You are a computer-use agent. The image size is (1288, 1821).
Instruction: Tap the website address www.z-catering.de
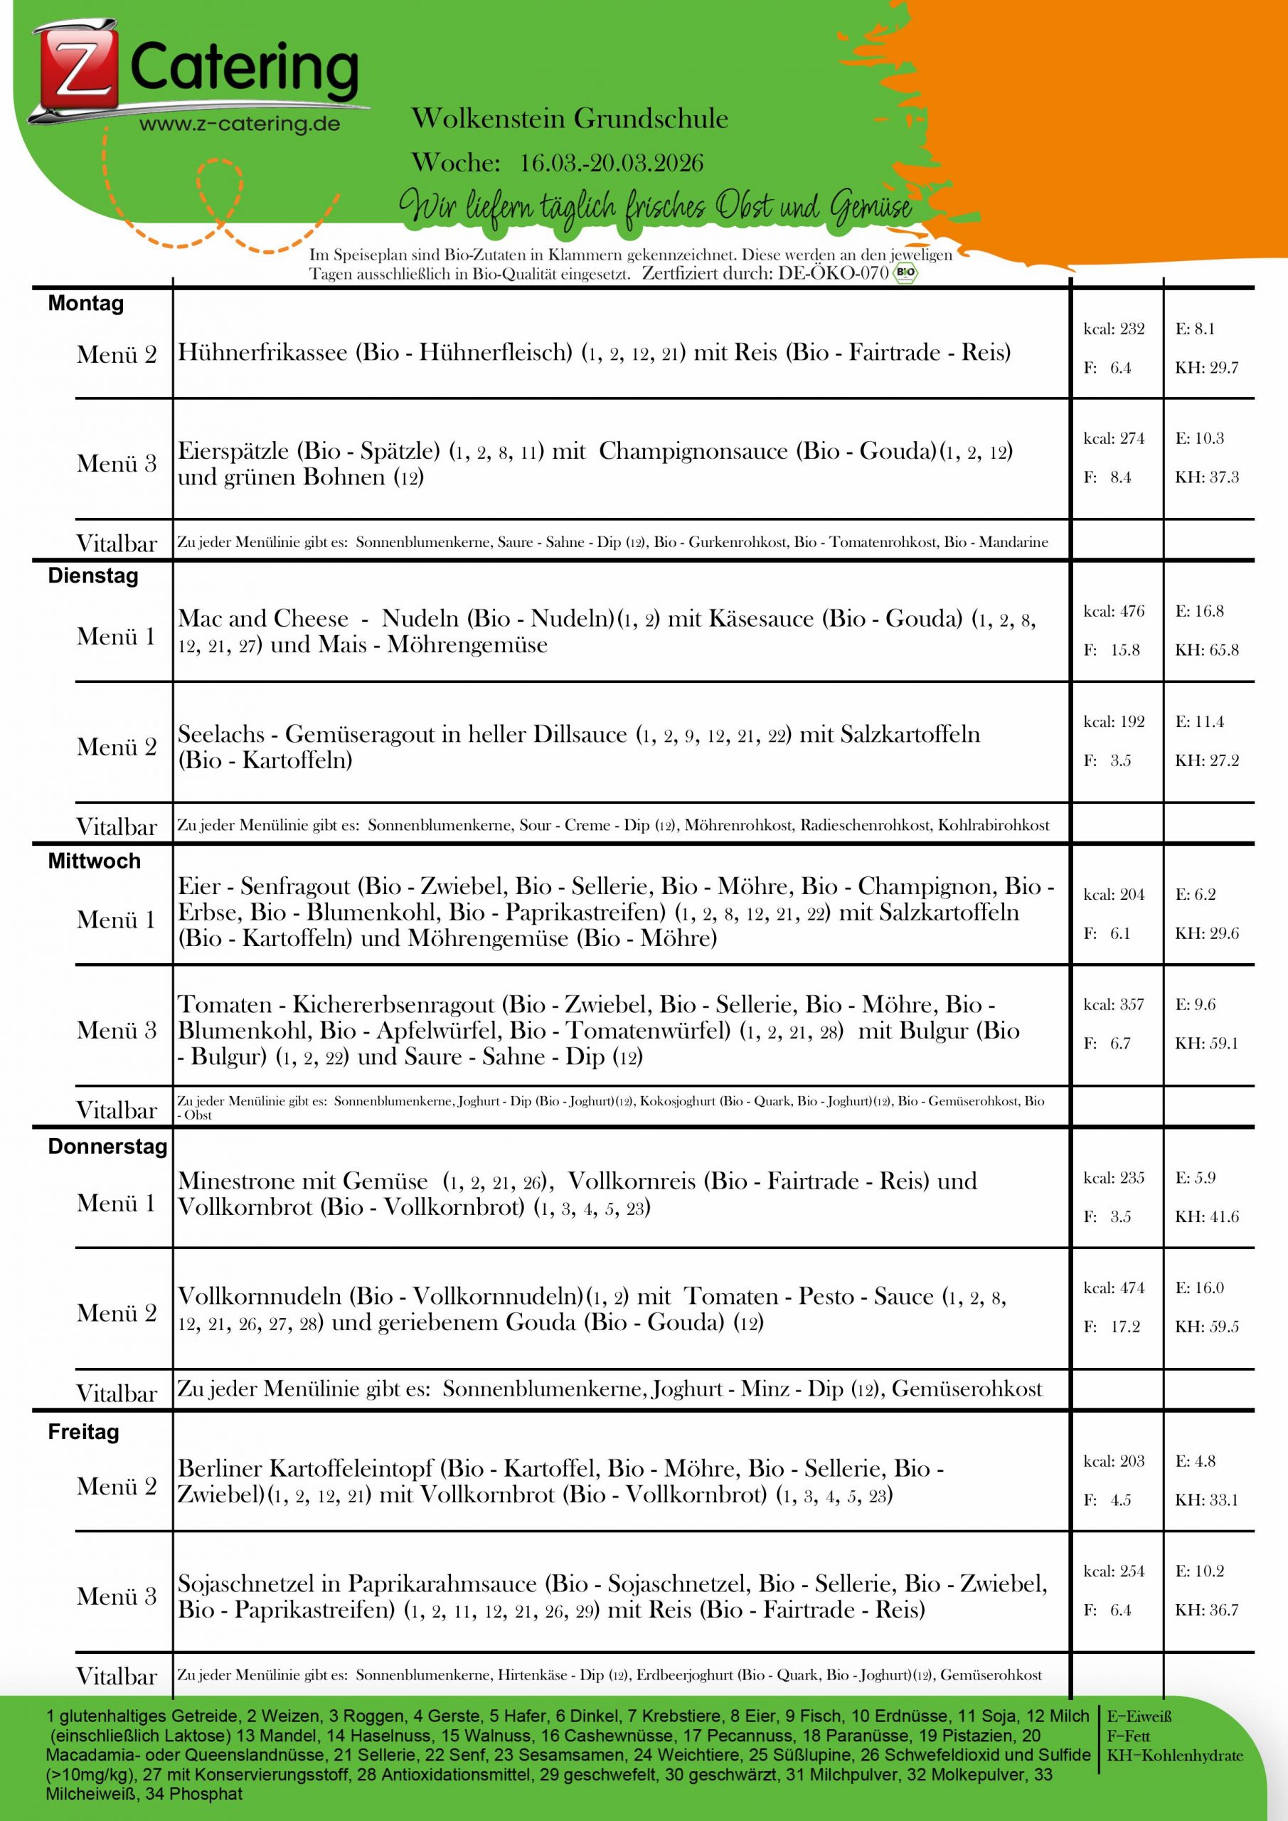click(240, 124)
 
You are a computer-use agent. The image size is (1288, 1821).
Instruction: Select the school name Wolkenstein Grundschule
click(570, 119)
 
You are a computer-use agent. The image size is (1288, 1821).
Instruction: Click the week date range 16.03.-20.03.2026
click(612, 164)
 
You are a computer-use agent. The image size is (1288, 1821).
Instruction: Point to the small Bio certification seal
click(905, 274)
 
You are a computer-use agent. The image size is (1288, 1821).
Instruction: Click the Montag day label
click(85, 304)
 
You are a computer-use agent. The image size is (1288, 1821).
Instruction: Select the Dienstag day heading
click(92, 575)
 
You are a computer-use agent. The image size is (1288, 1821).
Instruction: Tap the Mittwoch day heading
click(94, 861)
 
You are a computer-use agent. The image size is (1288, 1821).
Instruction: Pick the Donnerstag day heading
click(107, 1146)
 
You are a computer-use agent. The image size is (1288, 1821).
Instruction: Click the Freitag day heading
click(83, 1432)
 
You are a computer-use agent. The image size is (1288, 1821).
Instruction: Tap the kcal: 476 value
click(1114, 612)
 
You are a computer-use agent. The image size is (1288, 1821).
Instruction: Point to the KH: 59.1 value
click(1206, 1043)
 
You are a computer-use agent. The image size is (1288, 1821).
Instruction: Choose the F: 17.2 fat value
click(1112, 1326)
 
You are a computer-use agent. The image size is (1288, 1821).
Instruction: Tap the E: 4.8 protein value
click(1196, 1461)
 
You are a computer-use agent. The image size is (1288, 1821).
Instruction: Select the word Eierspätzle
click(233, 451)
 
